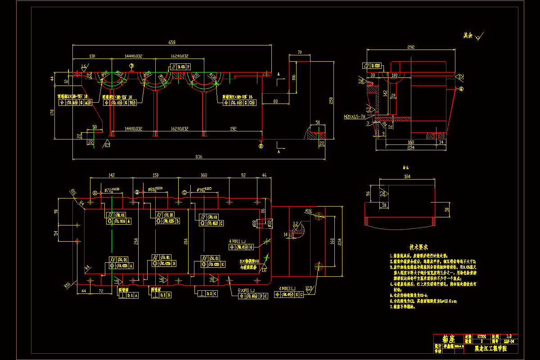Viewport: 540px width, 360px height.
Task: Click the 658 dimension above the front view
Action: (x=172, y=42)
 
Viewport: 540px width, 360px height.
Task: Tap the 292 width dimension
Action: (x=410, y=47)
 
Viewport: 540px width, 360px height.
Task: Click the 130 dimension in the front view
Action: (x=92, y=56)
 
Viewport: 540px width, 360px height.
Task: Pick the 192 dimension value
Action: (x=233, y=129)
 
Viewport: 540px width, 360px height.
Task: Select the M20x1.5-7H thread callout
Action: (x=354, y=117)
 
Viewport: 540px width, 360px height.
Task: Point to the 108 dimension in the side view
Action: (x=395, y=75)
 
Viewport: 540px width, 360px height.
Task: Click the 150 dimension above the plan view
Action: (x=156, y=175)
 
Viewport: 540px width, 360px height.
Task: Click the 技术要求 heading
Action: (x=418, y=247)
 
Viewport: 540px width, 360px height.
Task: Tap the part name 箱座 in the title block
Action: (x=448, y=339)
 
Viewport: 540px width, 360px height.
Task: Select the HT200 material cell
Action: (x=482, y=336)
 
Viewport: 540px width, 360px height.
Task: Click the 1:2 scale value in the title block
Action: (x=509, y=336)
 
